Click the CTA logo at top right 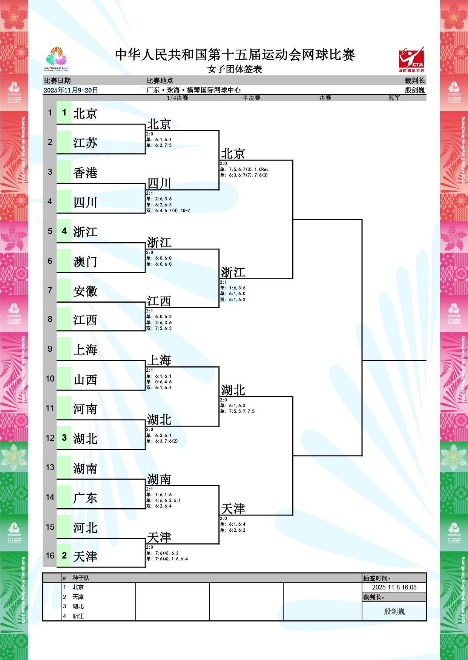pyautogui.click(x=411, y=59)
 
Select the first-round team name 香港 pyautogui.click(x=85, y=172)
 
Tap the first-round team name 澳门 pyautogui.click(x=85, y=261)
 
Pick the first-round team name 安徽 pyautogui.click(x=85, y=291)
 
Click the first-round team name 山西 pyautogui.click(x=85, y=379)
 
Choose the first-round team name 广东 pyautogui.click(x=85, y=498)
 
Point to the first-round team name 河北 pyautogui.click(x=85, y=527)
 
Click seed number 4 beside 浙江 pyautogui.click(x=64, y=231)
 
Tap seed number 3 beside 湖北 pyautogui.click(x=64, y=438)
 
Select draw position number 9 pyautogui.click(x=50, y=349)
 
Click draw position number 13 pyautogui.click(x=50, y=468)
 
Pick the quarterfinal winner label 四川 pyautogui.click(x=159, y=183)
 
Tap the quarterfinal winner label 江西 pyautogui.click(x=159, y=301)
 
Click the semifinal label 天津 pyautogui.click(x=233, y=509)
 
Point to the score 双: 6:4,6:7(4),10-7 pyautogui.click(x=168, y=211)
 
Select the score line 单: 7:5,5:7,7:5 pyautogui.click(x=238, y=411)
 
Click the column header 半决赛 pyautogui.click(x=251, y=98)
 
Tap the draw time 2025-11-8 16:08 pyautogui.click(x=394, y=587)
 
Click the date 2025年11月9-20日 pyautogui.click(x=71, y=90)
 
